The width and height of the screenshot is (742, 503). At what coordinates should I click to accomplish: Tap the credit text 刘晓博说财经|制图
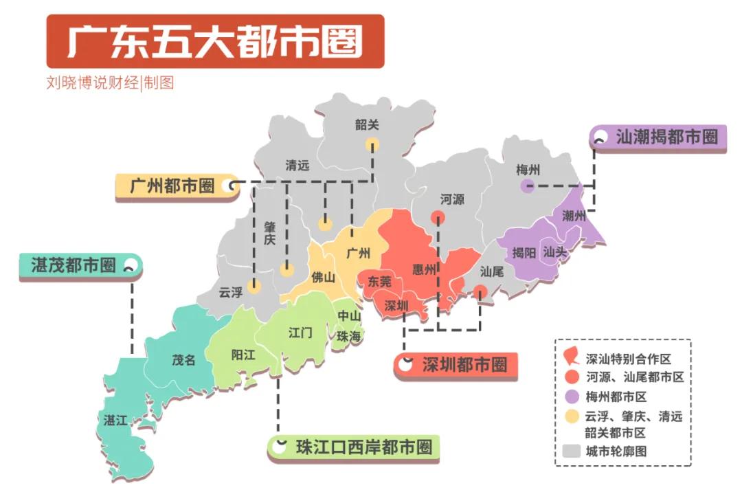pyautogui.click(x=110, y=83)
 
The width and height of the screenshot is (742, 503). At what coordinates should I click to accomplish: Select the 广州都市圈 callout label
pyautogui.click(x=172, y=186)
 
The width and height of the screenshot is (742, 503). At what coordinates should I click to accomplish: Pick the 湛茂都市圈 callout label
pyautogui.click(x=74, y=266)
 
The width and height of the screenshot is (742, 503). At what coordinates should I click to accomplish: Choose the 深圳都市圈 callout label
pyautogui.click(x=464, y=365)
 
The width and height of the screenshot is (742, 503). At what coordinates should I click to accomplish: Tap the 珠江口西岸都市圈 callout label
pyautogui.click(x=363, y=447)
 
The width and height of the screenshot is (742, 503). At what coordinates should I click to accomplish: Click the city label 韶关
pyautogui.click(x=367, y=125)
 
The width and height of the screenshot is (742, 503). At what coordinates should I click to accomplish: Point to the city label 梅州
pyautogui.click(x=528, y=170)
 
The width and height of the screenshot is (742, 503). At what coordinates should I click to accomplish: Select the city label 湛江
pyautogui.click(x=115, y=420)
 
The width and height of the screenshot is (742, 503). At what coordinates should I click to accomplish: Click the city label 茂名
pyautogui.click(x=183, y=359)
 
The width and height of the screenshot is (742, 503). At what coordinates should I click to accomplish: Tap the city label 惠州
pyautogui.click(x=424, y=269)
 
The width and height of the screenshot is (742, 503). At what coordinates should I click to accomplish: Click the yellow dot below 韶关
pyautogui.click(x=372, y=144)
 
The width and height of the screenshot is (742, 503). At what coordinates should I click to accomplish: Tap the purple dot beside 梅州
pyautogui.click(x=527, y=186)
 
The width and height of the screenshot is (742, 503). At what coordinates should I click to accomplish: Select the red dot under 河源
pyautogui.click(x=437, y=218)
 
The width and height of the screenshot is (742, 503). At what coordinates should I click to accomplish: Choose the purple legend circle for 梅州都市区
pyautogui.click(x=570, y=396)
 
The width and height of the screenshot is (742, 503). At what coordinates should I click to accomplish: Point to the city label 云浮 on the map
pyautogui.click(x=231, y=291)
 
